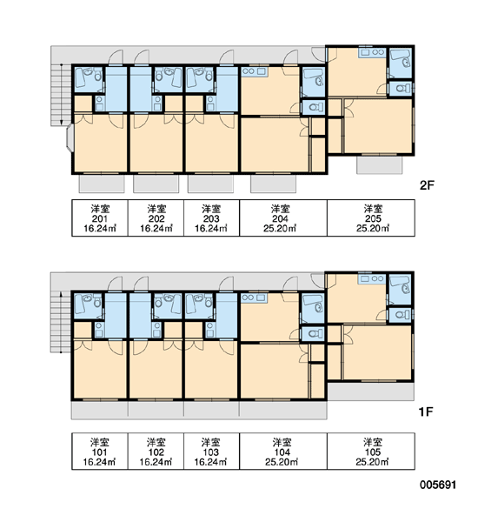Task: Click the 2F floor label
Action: [427, 184]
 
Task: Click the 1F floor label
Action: [426, 412]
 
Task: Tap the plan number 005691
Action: [438, 485]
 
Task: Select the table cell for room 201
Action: [100, 218]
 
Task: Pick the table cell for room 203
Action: [211, 218]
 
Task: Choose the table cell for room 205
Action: [371, 218]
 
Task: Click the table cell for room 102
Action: [156, 452]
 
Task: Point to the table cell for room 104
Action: [283, 452]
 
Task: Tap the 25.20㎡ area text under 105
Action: [372, 462]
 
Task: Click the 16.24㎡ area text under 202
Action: [156, 228]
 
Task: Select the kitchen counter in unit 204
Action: [254, 71]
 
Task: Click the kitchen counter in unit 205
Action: [372, 53]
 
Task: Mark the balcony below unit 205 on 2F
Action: [380, 164]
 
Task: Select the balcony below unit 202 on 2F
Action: [156, 184]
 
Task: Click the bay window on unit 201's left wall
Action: [70, 137]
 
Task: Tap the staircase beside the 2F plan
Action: [61, 95]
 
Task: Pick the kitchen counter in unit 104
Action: [254, 298]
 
